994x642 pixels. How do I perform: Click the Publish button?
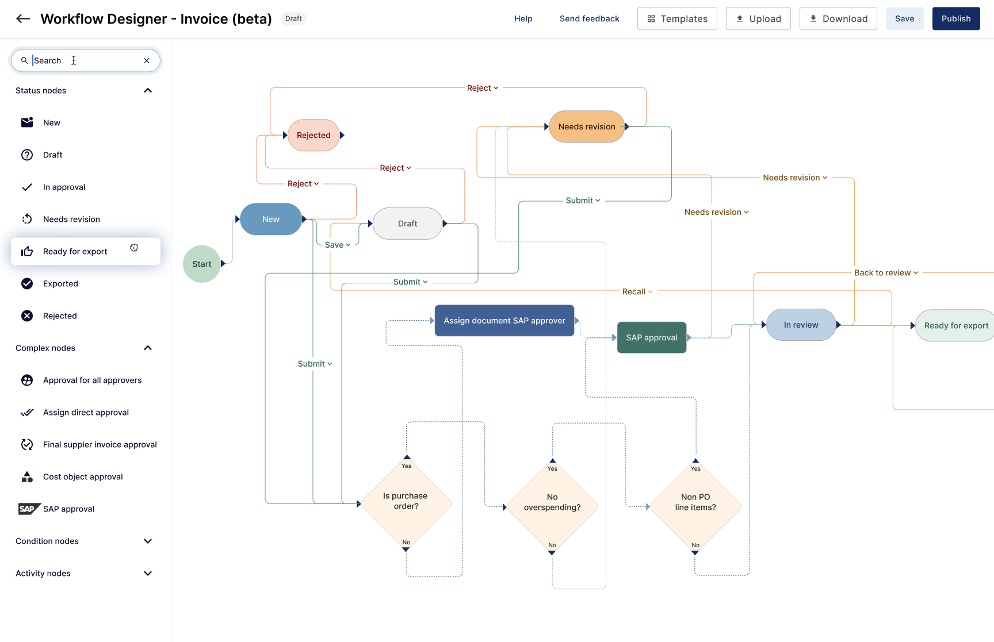tap(955, 18)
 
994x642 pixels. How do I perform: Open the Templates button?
tap(676, 18)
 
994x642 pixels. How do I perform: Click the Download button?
tap(838, 18)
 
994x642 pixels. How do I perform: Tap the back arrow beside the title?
tap(23, 18)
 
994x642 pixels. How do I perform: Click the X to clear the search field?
tap(147, 60)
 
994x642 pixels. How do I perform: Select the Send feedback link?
tap(589, 18)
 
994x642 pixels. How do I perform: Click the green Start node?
tap(202, 264)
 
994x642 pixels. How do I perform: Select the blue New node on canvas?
tap(271, 219)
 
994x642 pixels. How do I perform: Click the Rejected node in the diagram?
tap(314, 135)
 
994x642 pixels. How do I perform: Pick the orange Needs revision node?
tap(586, 126)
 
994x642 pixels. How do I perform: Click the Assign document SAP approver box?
tap(504, 321)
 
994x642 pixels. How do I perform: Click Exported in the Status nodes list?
tap(60, 283)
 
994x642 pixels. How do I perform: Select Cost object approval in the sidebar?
tap(83, 476)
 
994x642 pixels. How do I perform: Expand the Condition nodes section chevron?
tap(148, 541)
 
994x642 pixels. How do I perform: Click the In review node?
tap(801, 325)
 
